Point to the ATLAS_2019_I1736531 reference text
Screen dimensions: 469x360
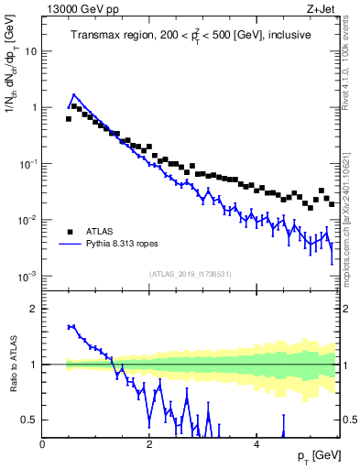pyautogui.click(x=190, y=274)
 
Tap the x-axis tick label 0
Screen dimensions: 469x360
pyautogui.click(x=43, y=444)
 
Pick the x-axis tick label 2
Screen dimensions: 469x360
pyautogui.click(x=149, y=444)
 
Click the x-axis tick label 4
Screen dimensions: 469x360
pyautogui.click(x=256, y=444)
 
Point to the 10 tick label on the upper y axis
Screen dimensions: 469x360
pyautogui.click(x=30, y=51)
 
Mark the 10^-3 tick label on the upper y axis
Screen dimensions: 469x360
pyautogui.click(x=27, y=276)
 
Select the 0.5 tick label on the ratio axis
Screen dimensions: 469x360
pyautogui.click(x=29, y=420)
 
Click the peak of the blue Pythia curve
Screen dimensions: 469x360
pyautogui.click(x=74, y=94)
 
